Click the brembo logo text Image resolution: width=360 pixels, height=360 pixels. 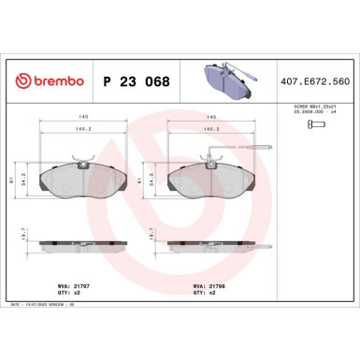click(46, 81)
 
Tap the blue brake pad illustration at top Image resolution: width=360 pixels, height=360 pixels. click(230, 81)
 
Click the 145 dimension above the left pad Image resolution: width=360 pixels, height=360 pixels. click(84, 115)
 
